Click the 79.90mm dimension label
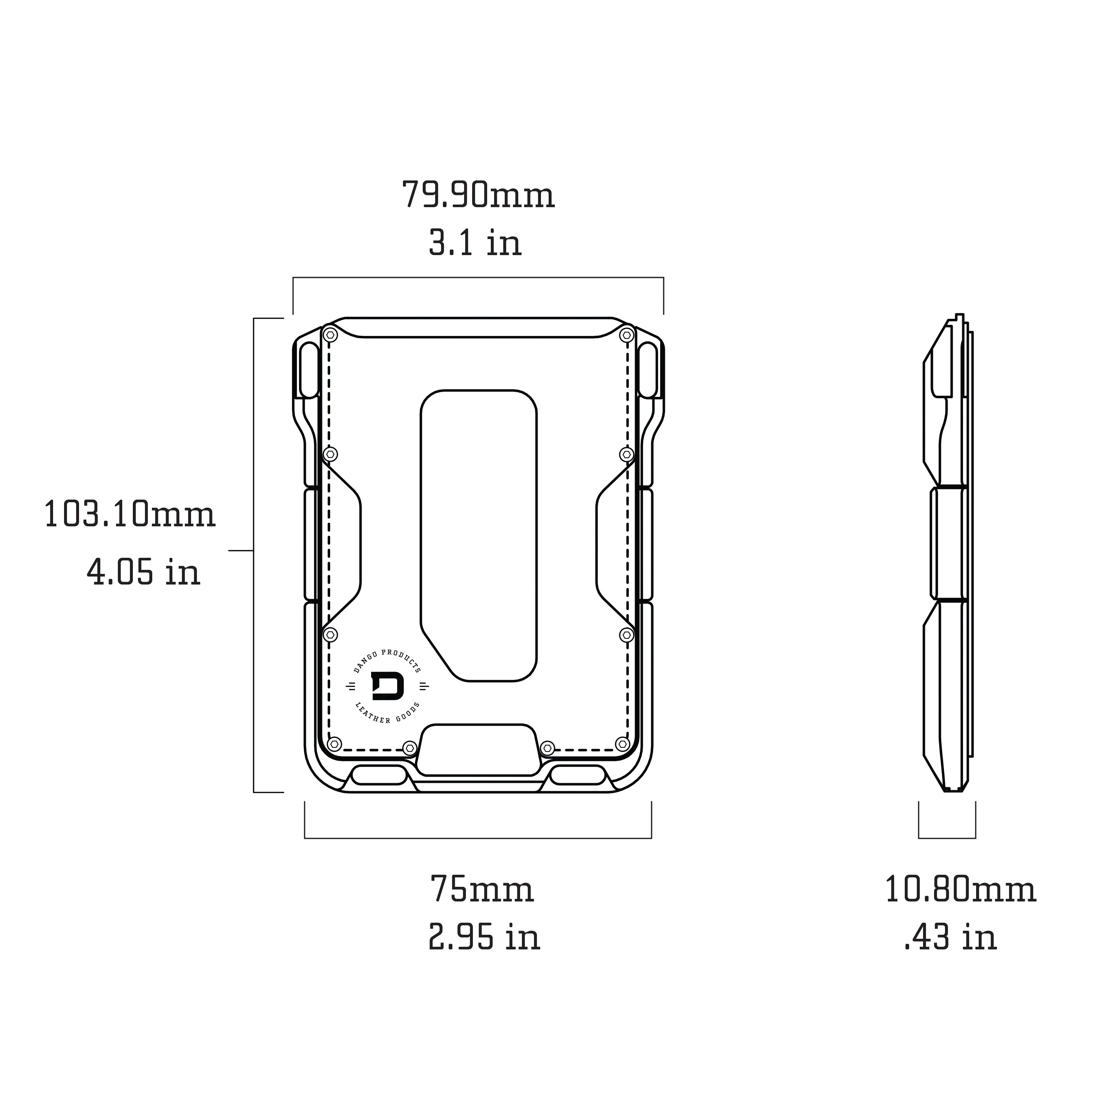(x=478, y=195)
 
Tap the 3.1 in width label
(x=475, y=243)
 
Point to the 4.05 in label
(x=143, y=572)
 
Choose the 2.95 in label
(x=483, y=938)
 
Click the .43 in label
(x=950, y=938)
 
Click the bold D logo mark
(x=388, y=687)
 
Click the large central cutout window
(x=478, y=534)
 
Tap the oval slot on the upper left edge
(x=310, y=370)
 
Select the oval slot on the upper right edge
(x=648, y=370)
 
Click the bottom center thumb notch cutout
(x=478, y=749)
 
